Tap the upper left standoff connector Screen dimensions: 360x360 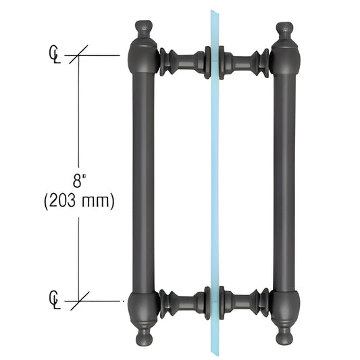tap(182, 61)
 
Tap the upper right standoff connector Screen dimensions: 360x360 tap(247, 61)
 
